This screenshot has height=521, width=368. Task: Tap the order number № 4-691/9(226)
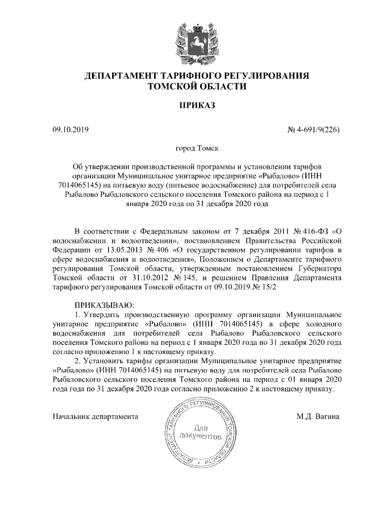pos(313,130)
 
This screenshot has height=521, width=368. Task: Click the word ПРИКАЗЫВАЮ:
pos(104,304)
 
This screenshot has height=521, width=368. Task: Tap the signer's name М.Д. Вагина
pos(319,415)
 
